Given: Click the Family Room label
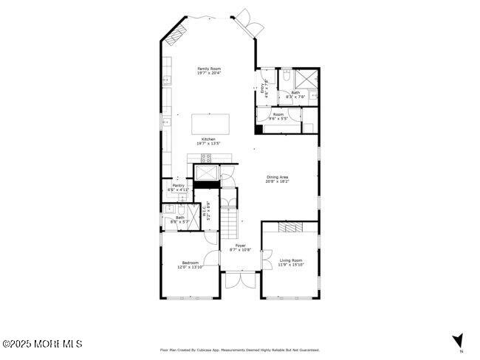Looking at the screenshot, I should pyautogui.click(x=209, y=71).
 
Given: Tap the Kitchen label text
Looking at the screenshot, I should pyautogui.click(x=209, y=141).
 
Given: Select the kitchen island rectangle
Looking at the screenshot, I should pyautogui.click(x=210, y=122).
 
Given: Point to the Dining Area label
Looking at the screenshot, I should pyautogui.click(x=277, y=178).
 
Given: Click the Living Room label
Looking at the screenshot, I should pyautogui.click(x=291, y=262).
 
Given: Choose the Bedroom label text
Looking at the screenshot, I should pyautogui.click(x=190, y=265).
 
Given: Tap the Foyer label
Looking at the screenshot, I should pyautogui.click(x=240, y=247).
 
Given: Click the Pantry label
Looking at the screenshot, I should pyautogui.click(x=179, y=187).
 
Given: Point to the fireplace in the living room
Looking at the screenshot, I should pyautogui.click(x=290, y=228).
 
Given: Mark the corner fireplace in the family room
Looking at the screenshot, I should pyautogui.click(x=176, y=35).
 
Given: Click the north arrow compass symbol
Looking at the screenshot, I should pyautogui.click(x=458, y=341).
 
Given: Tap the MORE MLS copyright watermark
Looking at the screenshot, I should pyautogui.click(x=42, y=344).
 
